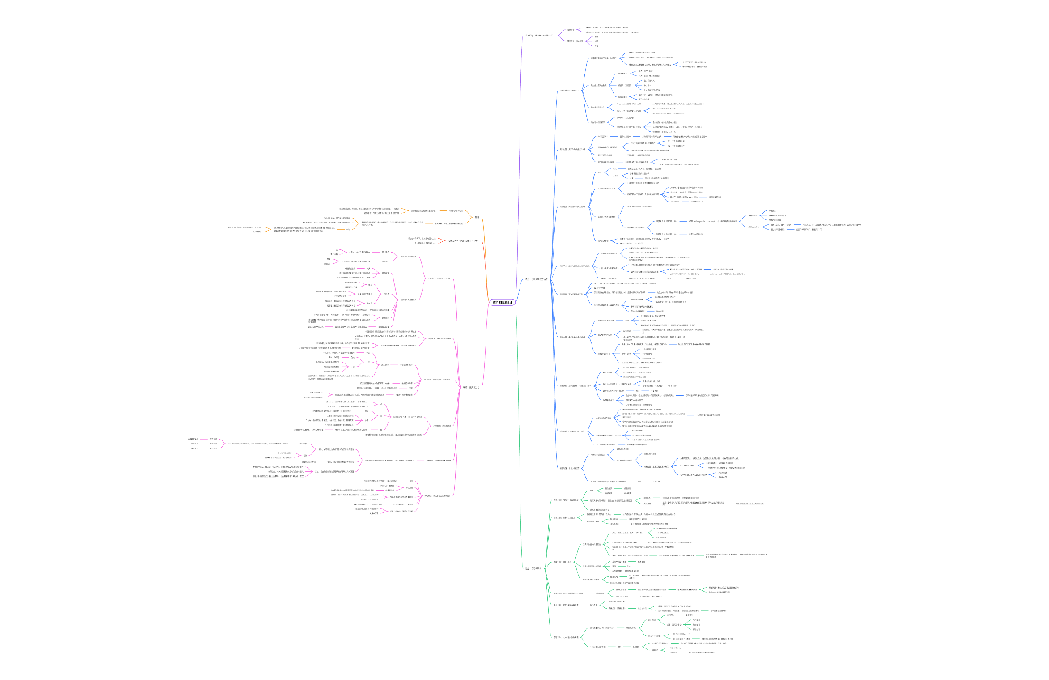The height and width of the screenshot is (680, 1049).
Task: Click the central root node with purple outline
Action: [502, 303]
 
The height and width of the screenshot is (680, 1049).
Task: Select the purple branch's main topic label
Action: [540, 36]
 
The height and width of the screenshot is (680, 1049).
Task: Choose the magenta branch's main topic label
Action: [470, 387]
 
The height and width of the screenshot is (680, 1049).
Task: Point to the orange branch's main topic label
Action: [477, 217]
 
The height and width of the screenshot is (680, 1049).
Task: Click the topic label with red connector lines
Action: [465, 241]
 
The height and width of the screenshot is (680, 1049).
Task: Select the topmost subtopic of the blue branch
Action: [568, 91]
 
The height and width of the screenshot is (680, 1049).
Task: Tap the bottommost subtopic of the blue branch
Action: [569, 468]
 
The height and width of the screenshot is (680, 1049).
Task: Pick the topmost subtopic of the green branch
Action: [565, 500]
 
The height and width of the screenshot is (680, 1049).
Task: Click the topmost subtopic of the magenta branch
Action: [438, 279]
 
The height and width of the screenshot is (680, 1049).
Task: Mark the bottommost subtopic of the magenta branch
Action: [437, 495]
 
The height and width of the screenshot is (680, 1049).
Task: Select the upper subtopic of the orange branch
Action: [456, 210]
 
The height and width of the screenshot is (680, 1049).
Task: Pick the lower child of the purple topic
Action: [575, 40]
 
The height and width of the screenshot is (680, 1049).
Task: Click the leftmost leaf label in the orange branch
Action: [246, 229]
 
